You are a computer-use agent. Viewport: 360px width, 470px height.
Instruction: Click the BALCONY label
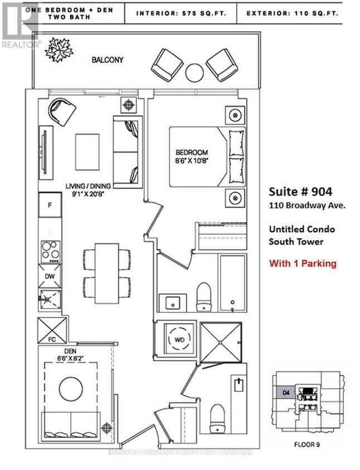tap(107, 59)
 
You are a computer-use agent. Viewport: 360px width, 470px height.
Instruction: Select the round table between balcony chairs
tap(195, 72)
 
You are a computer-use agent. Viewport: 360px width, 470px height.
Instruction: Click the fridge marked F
tap(50, 205)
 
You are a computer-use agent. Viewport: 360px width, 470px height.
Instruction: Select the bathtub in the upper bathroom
tap(231, 283)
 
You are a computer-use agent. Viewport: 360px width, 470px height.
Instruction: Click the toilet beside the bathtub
tap(204, 296)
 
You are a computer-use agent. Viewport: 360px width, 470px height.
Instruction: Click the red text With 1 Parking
tap(303, 263)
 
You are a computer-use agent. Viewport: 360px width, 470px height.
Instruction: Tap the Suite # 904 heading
tap(300, 192)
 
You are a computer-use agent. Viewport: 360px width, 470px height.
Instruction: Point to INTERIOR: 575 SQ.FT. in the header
tap(181, 12)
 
